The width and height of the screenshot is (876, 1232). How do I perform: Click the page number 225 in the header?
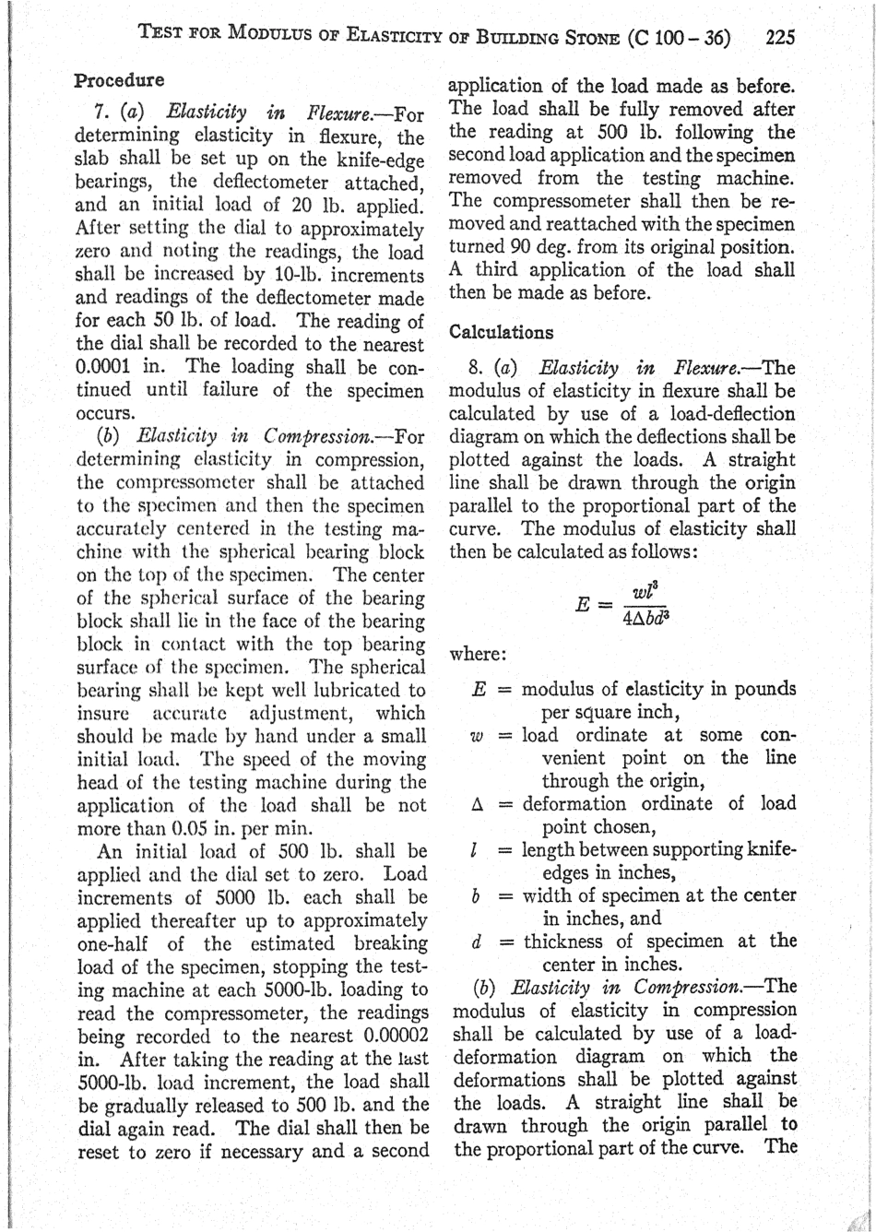779,38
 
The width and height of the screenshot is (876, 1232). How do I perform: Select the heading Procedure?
119,80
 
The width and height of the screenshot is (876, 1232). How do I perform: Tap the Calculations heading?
501,332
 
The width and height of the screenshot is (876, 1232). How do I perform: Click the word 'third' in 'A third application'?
497,271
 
